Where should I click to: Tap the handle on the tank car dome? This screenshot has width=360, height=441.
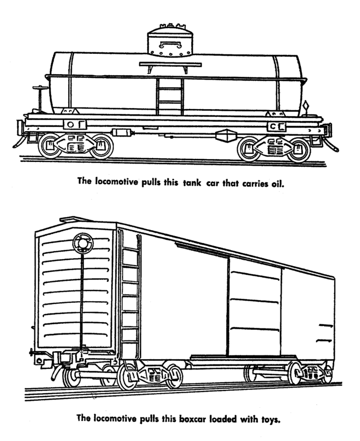[170, 44]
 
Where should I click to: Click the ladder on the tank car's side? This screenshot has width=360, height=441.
[170, 97]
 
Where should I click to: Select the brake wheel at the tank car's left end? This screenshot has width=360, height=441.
[40, 88]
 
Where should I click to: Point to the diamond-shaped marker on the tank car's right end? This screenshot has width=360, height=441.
[306, 106]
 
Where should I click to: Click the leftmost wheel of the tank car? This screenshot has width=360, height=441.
[50, 146]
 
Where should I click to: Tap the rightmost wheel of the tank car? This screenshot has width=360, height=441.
[298, 150]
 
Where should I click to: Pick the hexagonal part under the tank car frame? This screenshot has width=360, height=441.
[226, 136]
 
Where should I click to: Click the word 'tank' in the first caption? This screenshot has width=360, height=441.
[192, 183]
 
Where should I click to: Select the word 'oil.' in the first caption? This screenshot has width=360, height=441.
[278, 184]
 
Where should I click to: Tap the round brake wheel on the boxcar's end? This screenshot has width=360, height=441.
[83, 243]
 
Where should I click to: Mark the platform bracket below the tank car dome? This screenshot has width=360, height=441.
[170, 67]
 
